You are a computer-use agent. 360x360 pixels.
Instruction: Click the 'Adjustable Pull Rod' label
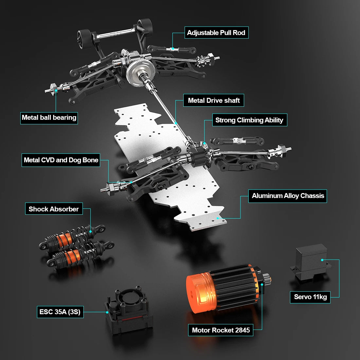(217, 33)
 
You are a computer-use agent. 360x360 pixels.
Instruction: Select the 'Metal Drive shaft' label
(213, 100)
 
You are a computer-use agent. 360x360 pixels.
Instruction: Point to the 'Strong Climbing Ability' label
(250, 120)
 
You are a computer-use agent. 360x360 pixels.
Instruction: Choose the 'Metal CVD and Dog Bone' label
(61, 160)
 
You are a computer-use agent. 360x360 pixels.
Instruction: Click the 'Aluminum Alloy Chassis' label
(287, 196)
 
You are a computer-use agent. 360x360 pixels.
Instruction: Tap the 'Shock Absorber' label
(54, 209)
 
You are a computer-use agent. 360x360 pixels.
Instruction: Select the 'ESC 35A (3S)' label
(60, 312)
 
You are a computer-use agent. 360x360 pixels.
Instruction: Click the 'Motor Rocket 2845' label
(221, 330)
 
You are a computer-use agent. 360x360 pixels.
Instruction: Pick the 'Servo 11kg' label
(310, 297)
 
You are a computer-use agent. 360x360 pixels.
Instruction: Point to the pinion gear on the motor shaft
(267, 279)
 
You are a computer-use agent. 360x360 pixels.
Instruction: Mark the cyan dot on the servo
(322, 260)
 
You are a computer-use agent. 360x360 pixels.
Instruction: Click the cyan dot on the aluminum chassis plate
(217, 218)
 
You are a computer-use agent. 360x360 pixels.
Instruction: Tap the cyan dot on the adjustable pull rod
(173, 49)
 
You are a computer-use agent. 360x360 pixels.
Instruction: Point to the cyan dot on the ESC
(107, 312)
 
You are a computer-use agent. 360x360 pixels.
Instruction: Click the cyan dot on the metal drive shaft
(176, 123)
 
